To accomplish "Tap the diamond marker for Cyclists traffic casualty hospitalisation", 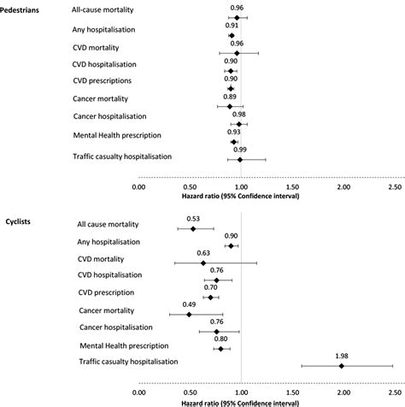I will click(x=341, y=366).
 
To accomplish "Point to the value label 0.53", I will click(x=193, y=218).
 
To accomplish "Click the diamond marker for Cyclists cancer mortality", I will click(x=189, y=315).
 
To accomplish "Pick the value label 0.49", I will click(x=189, y=304).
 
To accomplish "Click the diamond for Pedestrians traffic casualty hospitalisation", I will click(x=240, y=159).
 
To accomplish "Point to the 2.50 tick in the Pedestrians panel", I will click(x=395, y=186).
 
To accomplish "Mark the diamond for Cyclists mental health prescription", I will click(x=220, y=349).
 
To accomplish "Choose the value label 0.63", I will click(x=203, y=252).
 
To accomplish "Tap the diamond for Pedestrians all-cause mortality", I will click(x=238, y=17).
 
